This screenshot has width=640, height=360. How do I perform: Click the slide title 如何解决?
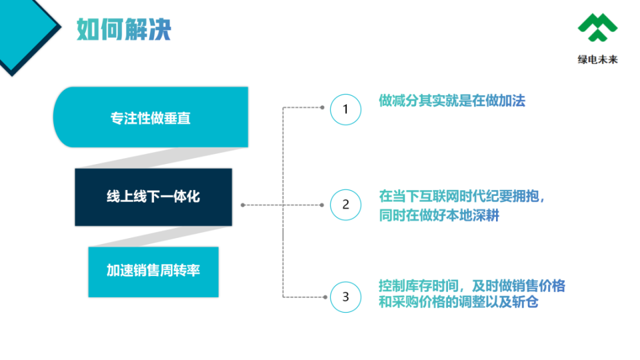point(124,29)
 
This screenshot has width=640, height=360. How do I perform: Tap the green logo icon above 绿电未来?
point(597,27)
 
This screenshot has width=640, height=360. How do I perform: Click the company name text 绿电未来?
point(597,59)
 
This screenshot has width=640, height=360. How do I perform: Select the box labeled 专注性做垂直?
point(151,117)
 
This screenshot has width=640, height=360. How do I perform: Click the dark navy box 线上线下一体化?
point(153,197)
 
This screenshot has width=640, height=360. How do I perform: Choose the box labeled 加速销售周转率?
point(153,272)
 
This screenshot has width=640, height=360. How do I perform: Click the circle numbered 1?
point(346,109)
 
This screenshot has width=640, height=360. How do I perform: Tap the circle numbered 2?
point(346,205)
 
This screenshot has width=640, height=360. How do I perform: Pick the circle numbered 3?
point(346,297)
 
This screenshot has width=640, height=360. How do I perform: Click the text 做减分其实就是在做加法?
point(452,101)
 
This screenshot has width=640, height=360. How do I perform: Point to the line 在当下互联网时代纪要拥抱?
point(461,196)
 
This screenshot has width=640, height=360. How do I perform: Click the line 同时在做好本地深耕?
point(439,215)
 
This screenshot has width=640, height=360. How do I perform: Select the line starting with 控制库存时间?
point(472,286)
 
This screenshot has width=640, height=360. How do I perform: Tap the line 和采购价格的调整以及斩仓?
point(459,302)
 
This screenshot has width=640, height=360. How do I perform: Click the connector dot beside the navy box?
point(243,205)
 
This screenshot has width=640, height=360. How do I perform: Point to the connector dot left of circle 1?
point(323,107)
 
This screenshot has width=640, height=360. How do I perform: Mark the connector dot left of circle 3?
point(325,297)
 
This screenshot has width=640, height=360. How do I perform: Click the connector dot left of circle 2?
point(322,205)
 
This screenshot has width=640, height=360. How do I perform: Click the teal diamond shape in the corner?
point(25,31)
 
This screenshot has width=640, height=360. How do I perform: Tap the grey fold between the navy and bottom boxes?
point(159,236)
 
